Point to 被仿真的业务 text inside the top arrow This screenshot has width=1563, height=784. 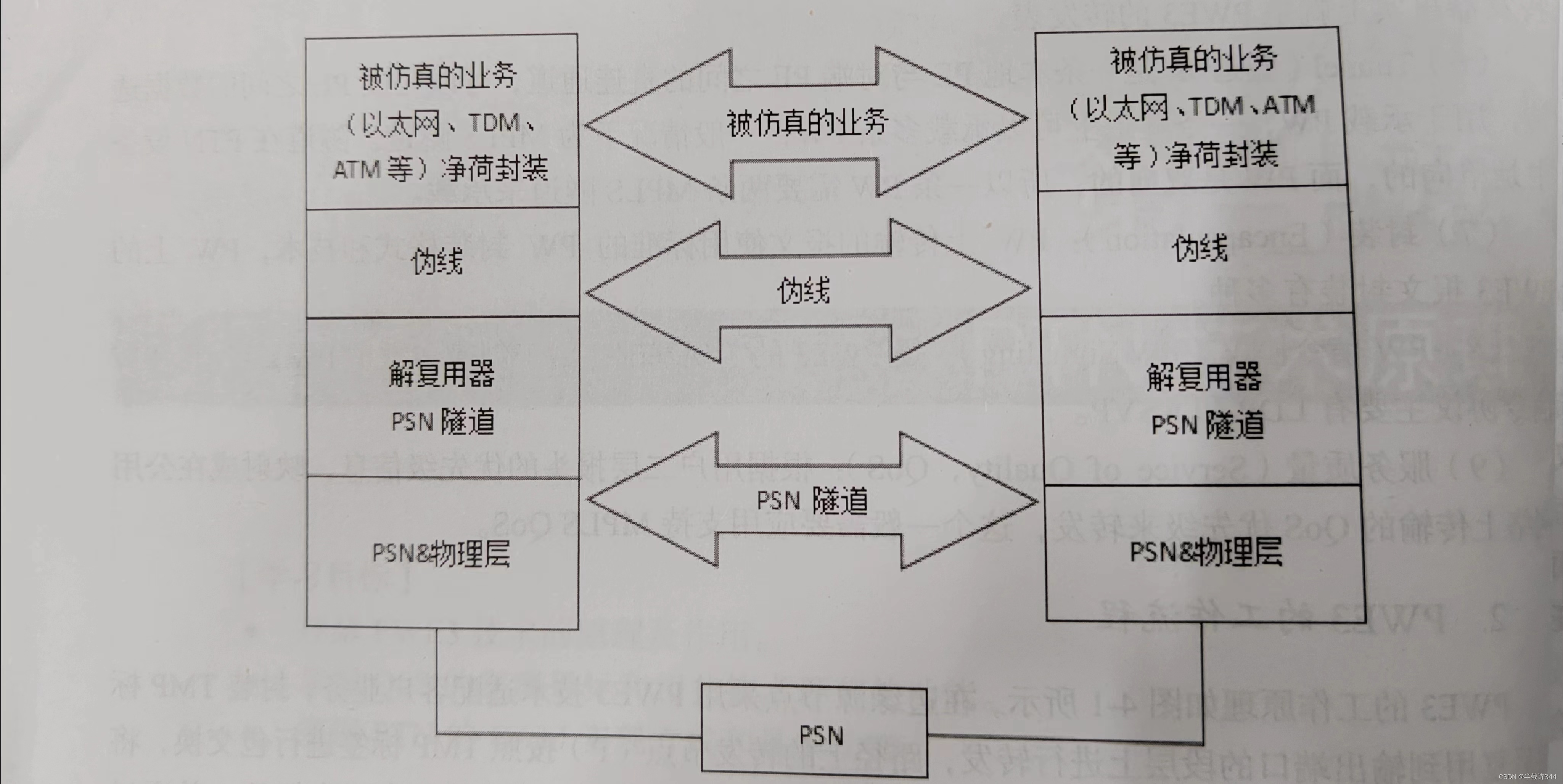point(807,122)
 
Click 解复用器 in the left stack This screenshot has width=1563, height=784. point(442,374)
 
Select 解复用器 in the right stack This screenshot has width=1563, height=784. point(1204,377)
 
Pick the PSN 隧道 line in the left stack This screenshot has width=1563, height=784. point(443,421)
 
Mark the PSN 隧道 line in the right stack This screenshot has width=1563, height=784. point(1208,425)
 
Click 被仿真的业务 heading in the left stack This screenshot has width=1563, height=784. point(438,77)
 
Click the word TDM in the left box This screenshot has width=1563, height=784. point(495,123)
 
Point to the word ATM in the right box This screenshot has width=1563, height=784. point(1290,106)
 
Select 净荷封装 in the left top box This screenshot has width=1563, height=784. point(495,168)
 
